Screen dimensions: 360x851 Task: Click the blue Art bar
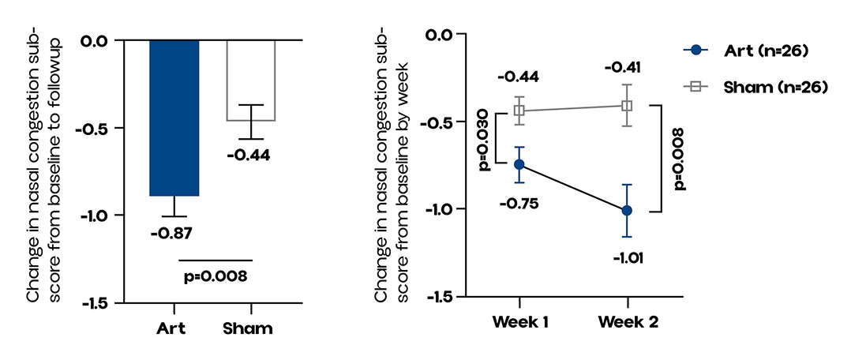[x=174, y=117]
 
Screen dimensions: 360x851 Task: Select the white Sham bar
[x=252, y=80]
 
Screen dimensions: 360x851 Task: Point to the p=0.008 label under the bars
[x=216, y=276]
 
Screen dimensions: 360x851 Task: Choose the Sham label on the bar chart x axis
[x=251, y=328]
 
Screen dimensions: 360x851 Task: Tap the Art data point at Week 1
[x=519, y=164]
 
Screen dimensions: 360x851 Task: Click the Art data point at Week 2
[x=627, y=210]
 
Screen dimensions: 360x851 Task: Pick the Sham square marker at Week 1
[x=519, y=111]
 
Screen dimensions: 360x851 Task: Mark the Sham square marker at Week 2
[x=627, y=106]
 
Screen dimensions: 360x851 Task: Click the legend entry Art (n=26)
[x=759, y=51]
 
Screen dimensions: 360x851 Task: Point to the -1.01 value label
[x=628, y=257]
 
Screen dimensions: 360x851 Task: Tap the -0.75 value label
[x=519, y=203]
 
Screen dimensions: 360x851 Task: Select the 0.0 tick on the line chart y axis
[x=444, y=35]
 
